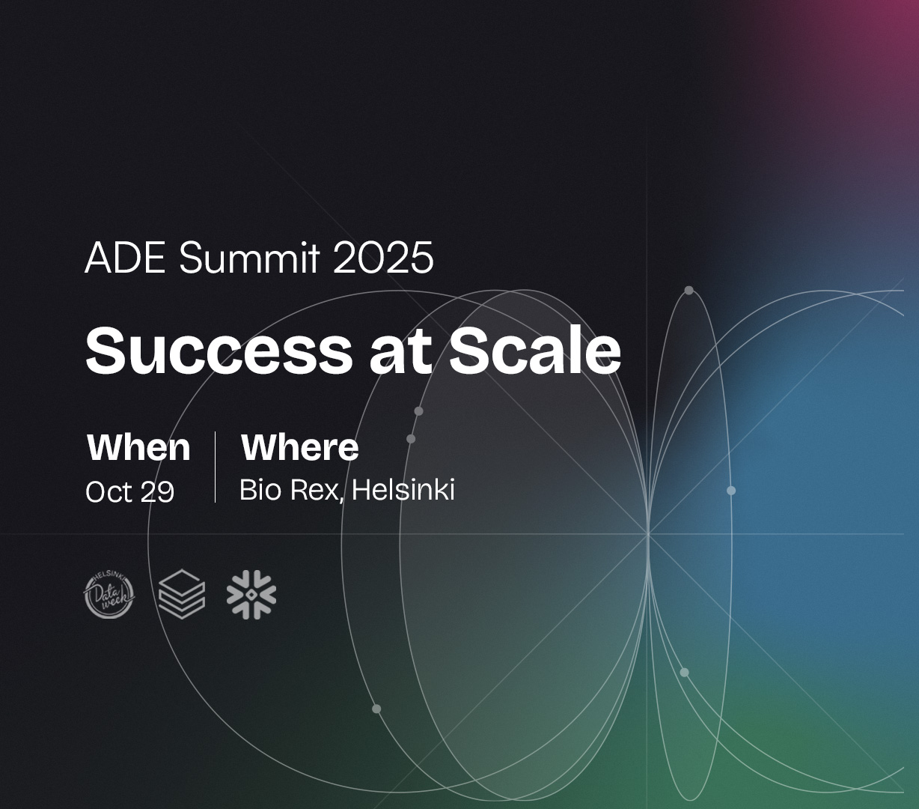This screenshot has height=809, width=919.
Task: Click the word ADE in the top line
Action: coord(125,258)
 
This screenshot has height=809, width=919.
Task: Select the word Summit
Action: coord(249,258)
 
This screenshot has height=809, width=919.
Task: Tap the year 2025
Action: coord(384,258)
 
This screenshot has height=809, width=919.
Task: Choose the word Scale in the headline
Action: coord(535,350)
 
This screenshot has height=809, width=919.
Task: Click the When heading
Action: coord(138,448)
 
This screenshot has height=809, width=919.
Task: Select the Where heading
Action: coord(300,448)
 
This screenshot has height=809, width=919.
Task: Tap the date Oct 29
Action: coord(129,491)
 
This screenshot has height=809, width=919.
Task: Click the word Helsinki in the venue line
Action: coord(403,489)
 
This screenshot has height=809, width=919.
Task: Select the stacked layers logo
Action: coord(182,594)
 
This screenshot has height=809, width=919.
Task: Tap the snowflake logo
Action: coord(251,594)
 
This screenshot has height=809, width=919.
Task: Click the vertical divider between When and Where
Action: coord(215,467)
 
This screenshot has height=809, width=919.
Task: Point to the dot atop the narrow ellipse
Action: coord(689,290)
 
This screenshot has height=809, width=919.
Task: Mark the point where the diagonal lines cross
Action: coord(648,534)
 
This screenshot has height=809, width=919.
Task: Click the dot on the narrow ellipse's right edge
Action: coord(731,491)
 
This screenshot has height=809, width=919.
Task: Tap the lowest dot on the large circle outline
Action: coord(376,709)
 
